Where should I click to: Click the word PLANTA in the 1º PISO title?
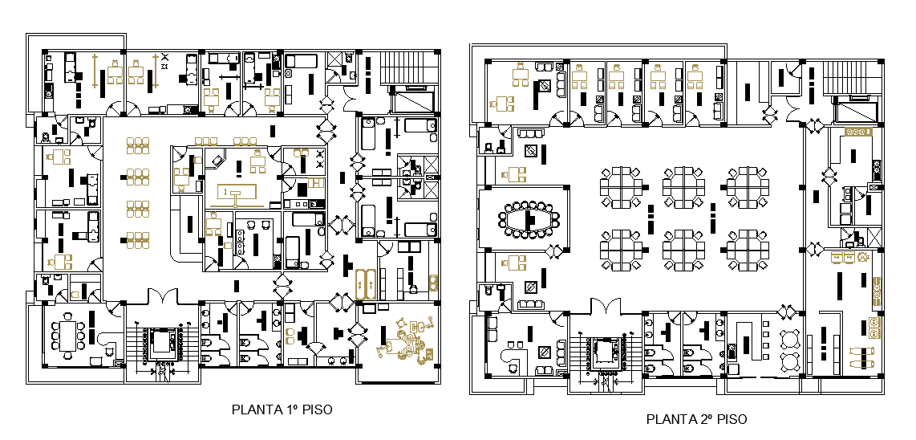253,409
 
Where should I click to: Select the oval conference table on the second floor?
529,219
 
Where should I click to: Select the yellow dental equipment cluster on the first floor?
406,340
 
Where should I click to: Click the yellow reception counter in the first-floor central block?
237,193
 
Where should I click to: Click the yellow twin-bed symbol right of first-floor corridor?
366,283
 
